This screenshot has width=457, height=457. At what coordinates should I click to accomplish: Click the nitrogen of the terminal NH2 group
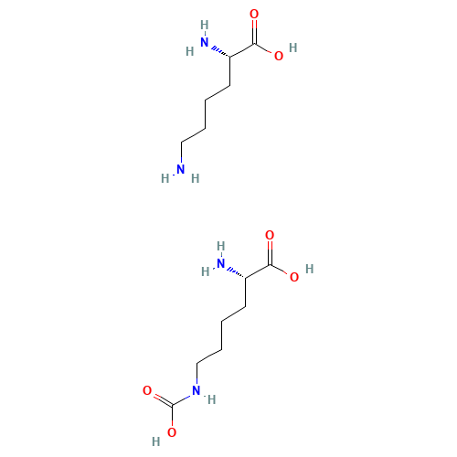[x=181, y=169]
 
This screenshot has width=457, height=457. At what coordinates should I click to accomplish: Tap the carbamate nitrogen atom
[x=197, y=390]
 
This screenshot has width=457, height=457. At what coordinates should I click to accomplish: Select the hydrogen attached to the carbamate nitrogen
[x=212, y=399]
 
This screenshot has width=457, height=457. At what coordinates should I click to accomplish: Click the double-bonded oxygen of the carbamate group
[x=147, y=390]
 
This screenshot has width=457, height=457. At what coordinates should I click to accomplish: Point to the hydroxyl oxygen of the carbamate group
[x=172, y=432]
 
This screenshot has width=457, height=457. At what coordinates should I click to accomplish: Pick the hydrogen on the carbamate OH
[x=156, y=441]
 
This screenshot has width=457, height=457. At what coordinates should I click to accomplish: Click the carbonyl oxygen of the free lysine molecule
[x=254, y=14]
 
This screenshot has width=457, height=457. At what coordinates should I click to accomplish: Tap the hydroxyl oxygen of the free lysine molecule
[x=279, y=56]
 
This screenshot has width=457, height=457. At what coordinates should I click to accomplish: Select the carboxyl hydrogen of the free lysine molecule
[x=293, y=48]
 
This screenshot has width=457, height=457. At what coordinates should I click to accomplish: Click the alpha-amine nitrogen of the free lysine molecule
[x=205, y=42]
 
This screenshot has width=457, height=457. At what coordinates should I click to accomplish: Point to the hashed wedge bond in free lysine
[x=221, y=52]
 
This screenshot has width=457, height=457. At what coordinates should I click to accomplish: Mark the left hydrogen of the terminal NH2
[x=165, y=178]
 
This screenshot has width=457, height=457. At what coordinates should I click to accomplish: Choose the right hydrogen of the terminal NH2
[x=196, y=178]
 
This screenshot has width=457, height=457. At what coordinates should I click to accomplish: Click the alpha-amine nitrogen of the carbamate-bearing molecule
[x=221, y=263]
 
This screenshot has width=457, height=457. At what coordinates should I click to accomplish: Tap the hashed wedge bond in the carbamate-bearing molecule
[x=237, y=273]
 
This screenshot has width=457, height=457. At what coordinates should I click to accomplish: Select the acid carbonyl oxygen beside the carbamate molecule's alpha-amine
[x=270, y=235]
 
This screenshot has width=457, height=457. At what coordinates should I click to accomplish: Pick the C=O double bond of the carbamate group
[x=164, y=399]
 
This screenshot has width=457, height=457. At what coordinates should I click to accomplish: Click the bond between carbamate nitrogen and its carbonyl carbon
[x=182, y=399]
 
